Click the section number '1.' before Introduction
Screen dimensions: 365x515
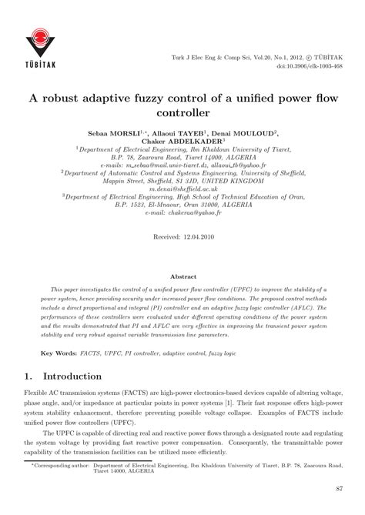tap(28, 376)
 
